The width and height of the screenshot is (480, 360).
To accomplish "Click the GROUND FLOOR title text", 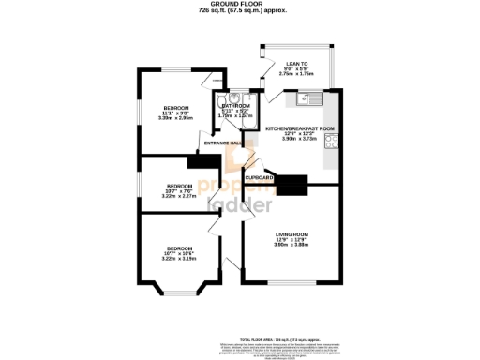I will point(241,5).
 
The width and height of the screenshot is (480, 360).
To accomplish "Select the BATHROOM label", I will point(235,106).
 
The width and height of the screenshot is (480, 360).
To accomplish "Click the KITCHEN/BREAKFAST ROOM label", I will point(300,127).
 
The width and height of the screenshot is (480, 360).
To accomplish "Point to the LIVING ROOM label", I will point(292,233).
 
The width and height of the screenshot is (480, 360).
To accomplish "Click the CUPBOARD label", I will point(260,177).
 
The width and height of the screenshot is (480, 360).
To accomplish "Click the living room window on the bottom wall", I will point(292,282).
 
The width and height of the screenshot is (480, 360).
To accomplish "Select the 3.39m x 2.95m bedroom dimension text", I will point(175,118).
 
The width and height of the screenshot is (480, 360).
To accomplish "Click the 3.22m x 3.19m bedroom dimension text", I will point(175,258).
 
